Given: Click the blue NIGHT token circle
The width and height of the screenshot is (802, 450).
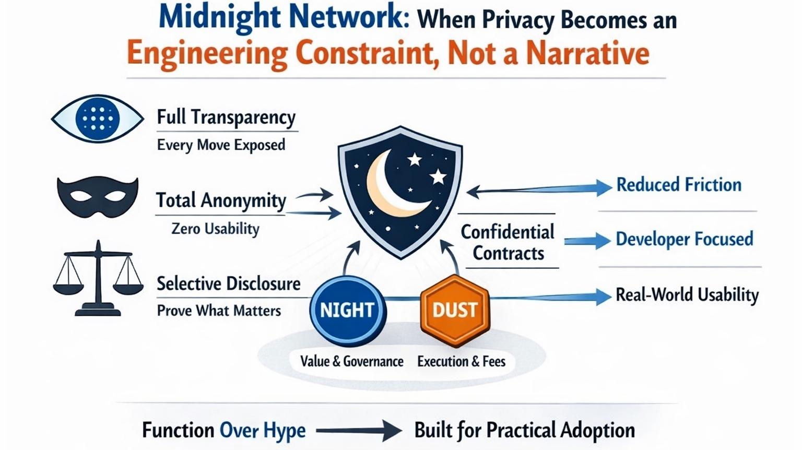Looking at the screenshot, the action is (x=348, y=310).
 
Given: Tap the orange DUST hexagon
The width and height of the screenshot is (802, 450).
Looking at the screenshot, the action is (x=455, y=310).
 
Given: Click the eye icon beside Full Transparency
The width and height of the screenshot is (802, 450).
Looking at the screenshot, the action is (x=98, y=119).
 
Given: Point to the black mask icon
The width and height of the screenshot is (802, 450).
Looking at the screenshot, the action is (x=98, y=196).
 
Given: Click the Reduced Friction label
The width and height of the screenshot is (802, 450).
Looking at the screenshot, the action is (x=679, y=185).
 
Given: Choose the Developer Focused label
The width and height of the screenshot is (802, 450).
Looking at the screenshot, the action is (x=685, y=239).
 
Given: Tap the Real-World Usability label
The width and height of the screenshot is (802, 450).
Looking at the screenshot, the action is (x=687, y=295).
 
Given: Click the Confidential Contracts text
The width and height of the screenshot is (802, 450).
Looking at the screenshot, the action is (x=508, y=243).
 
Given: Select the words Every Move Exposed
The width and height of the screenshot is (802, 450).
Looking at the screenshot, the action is (x=221, y=145).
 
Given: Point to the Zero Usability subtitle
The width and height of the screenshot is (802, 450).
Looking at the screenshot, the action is (x=215, y=229).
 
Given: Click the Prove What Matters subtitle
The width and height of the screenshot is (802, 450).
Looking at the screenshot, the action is (x=219, y=311).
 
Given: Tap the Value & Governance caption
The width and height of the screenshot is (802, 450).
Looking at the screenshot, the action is (x=351, y=361).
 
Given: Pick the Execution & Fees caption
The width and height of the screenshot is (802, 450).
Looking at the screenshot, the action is (x=461, y=361).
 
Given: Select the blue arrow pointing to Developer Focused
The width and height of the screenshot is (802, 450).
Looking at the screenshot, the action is (x=587, y=241).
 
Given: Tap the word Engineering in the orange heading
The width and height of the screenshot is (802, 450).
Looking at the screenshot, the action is (x=207, y=53).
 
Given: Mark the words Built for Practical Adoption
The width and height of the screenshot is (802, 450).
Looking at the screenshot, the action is (x=524, y=431).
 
